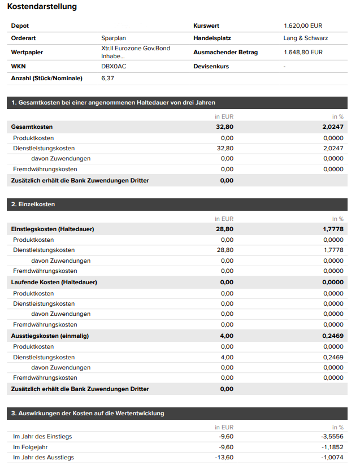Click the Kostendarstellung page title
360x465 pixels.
point(42,7)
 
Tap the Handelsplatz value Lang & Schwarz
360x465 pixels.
point(306,38)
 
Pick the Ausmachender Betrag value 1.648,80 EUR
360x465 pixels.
point(303,53)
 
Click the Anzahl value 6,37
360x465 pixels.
point(107,79)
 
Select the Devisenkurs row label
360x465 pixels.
point(211,67)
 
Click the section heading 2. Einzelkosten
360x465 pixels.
point(33,204)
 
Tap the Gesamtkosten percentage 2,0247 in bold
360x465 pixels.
point(333,127)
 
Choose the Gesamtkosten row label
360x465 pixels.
point(32,127)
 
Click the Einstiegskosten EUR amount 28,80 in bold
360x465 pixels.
point(224,229)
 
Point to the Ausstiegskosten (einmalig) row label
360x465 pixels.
point(50,336)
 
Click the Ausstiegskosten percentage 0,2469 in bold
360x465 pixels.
point(333,336)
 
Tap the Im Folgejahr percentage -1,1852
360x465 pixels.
point(332,447)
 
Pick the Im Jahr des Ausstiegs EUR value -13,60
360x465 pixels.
point(224,457)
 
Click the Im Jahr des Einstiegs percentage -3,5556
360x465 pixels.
point(331,437)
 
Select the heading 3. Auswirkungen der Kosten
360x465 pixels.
point(88,414)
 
